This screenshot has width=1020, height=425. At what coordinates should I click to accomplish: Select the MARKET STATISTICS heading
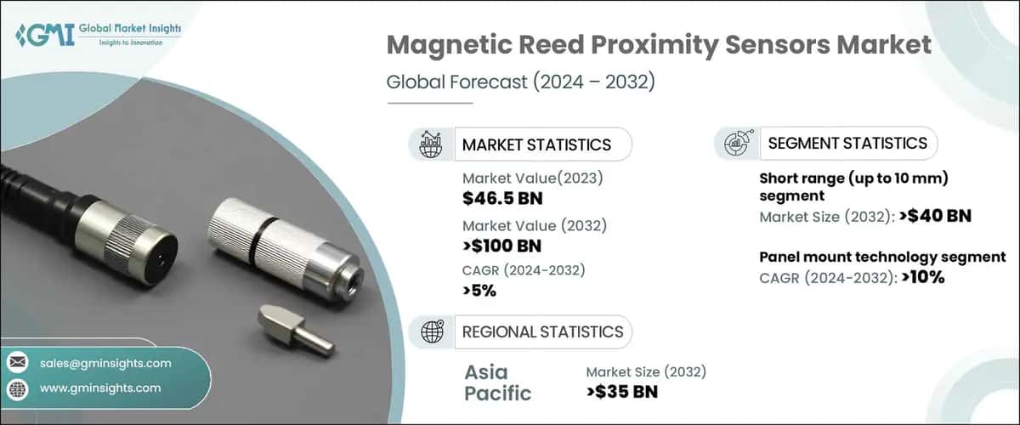(x=536, y=144)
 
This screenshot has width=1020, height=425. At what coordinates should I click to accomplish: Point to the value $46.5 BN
(x=502, y=199)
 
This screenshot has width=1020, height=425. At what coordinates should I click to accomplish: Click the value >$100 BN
(x=501, y=246)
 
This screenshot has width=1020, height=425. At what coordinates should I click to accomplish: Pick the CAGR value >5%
(x=479, y=291)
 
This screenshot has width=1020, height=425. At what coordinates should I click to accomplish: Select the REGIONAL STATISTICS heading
(x=542, y=331)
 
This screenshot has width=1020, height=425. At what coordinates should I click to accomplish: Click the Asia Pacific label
(x=498, y=382)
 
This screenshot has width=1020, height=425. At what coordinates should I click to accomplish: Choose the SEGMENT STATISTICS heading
(x=847, y=143)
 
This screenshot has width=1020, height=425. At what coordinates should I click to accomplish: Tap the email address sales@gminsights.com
(x=105, y=363)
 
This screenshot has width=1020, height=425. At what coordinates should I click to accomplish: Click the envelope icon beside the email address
(x=18, y=363)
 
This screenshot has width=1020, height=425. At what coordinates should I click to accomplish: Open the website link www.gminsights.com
(x=100, y=388)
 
